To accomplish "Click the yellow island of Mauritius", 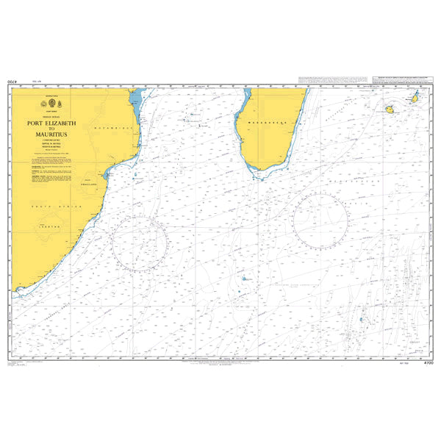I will click(x=415, y=98).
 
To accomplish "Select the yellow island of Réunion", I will click(x=390, y=110).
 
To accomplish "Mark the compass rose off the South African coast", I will click(x=140, y=243).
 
